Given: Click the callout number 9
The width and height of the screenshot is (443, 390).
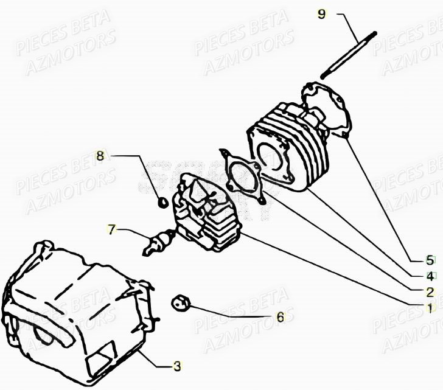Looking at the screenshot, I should pyautogui.click(x=322, y=14).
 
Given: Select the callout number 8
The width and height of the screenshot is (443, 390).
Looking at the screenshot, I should pyautogui.click(x=100, y=156).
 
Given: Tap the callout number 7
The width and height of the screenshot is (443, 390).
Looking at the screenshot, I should pyautogui.click(x=111, y=230).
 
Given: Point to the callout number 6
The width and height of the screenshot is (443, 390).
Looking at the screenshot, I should pyautogui.click(x=280, y=317).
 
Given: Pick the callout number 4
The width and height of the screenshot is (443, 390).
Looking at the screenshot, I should pyautogui.click(x=430, y=276).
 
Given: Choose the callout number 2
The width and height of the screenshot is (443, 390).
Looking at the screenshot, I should pyautogui.click(x=430, y=292).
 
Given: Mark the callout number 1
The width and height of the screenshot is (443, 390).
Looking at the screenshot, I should pyautogui.click(x=430, y=308).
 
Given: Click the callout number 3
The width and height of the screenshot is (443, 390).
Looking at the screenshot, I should pyautogui.click(x=177, y=366).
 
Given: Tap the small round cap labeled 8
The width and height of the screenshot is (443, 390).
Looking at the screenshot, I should pyautogui.click(x=162, y=202).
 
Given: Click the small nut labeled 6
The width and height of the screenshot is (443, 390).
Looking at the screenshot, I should pyautogui.click(x=180, y=301).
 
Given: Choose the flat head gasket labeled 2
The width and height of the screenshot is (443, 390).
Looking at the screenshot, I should pyautogui.click(x=243, y=176).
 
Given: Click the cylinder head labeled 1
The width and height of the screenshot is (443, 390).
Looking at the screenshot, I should pyautogui.click(x=204, y=213).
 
